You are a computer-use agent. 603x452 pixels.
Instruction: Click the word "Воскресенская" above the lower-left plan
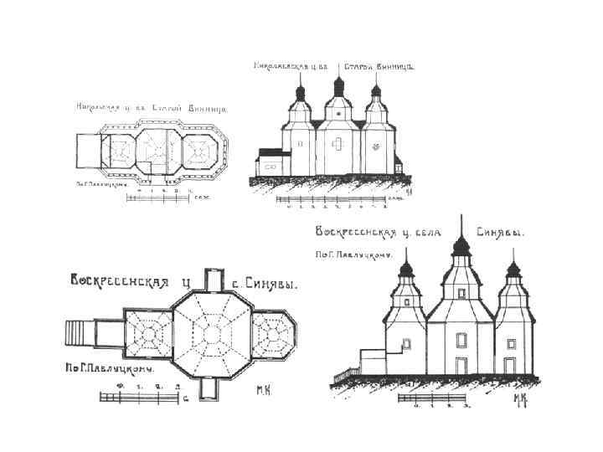(120, 282)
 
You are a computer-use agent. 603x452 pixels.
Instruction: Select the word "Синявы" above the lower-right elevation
(501, 234)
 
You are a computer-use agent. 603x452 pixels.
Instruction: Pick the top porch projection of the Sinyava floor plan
(215, 282)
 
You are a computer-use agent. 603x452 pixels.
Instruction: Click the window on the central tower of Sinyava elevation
(460, 339)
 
